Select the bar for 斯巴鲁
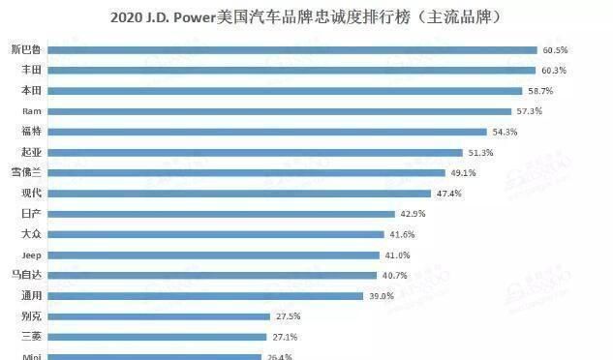pos(291,49)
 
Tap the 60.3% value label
pos(554,70)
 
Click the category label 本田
pos(31,90)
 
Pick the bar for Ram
pos(280,110)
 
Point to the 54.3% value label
pos(505,131)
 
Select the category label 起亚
pos(31,152)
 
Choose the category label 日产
pos(31,213)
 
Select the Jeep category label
pos(31,255)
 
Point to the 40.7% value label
pos(394,275)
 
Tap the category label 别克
pos(31,316)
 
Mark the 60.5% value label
pos(555,49)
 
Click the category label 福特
pos(31,131)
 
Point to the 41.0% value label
pos(397,255)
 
